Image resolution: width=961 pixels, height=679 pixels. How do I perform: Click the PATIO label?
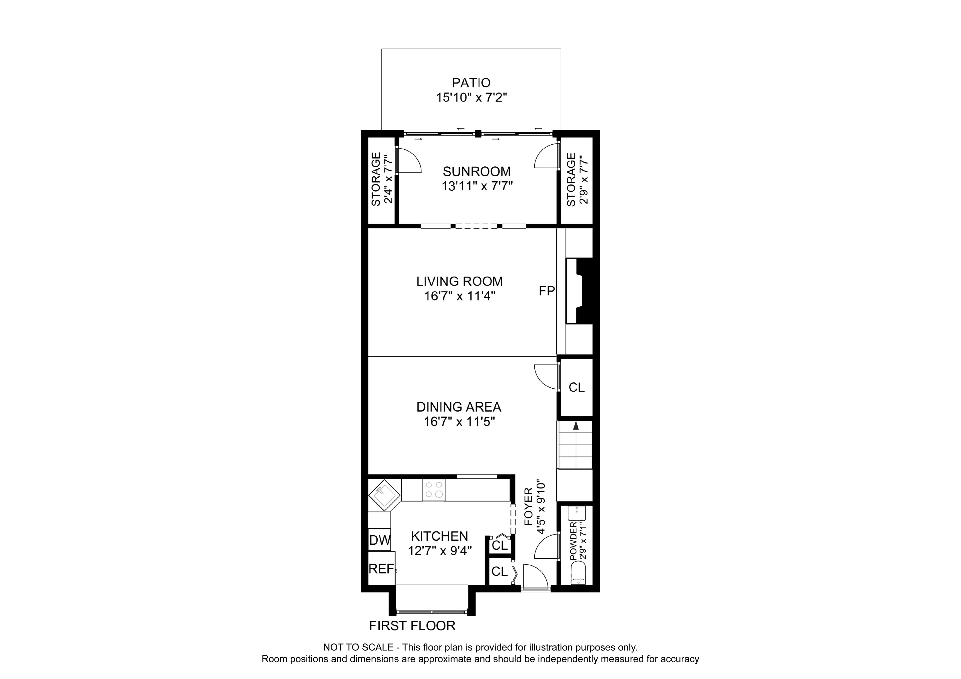click(x=471, y=83)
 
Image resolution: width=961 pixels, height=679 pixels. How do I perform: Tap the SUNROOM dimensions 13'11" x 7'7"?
click(x=477, y=186)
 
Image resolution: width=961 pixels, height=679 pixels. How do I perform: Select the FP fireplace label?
click(x=547, y=291)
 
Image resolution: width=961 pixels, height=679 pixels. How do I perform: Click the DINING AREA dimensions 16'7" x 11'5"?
click(x=459, y=422)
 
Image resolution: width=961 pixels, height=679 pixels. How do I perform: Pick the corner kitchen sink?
click(x=384, y=495)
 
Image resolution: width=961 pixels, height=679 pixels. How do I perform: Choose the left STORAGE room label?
click(x=376, y=179)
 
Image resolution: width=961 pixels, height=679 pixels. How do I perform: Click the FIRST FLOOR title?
click(x=412, y=626)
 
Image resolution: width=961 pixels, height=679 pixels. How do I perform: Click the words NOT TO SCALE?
click(x=358, y=648)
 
